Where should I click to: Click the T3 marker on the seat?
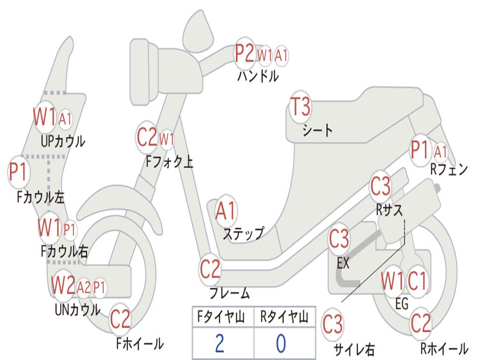pyautogui.click(x=300, y=107)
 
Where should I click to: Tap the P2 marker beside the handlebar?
pyautogui.click(x=244, y=54)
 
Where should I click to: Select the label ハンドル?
pyautogui.click(x=257, y=75)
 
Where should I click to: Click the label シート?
pyautogui.click(x=317, y=130)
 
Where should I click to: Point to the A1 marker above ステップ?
pyautogui.click(x=226, y=211)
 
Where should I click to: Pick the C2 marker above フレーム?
pyautogui.click(x=210, y=269)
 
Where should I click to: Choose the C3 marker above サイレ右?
pyautogui.click(x=332, y=324)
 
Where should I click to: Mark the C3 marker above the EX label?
pyautogui.click(x=338, y=239)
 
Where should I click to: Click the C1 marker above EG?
pyautogui.click(x=417, y=281)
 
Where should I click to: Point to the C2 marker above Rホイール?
pyautogui.click(x=420, y=323)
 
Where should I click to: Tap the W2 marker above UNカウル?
pyautogui.click(x=63, y=285)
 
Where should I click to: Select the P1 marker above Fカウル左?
pyautogui.click(x=18, y=172)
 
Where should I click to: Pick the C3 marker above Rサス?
pyautogui.click(x=380, y=187)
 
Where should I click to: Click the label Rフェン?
pyautogui.click(x=449, y=170)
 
